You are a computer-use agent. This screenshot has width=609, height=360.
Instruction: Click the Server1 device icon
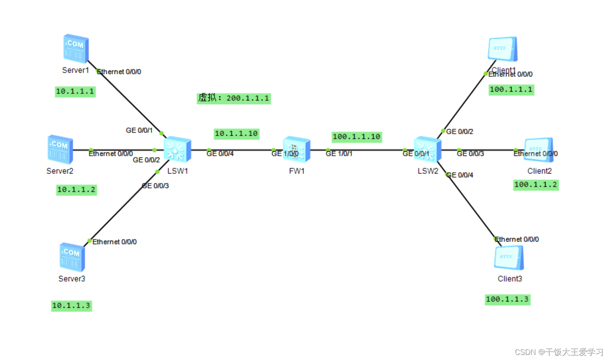(76, 49)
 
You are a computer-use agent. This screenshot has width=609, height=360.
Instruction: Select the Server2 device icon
(60, 149)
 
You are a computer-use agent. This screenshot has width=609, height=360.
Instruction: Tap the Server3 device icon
(72, 257)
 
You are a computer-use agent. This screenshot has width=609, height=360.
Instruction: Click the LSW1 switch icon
(177, 150)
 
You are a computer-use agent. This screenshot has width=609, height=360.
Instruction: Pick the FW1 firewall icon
(296, 150)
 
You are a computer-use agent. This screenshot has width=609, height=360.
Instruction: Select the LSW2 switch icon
(427, 150)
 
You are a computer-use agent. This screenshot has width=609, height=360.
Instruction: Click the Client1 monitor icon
(503, 49)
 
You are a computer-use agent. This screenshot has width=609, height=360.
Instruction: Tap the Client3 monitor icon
(509, 258)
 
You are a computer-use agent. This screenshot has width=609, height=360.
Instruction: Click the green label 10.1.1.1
(75, 92)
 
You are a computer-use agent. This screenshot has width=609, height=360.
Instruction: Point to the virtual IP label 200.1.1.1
(234, 98)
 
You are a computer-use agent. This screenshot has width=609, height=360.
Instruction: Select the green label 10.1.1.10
(236, 134)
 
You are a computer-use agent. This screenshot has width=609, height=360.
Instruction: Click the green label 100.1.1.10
(356, 137)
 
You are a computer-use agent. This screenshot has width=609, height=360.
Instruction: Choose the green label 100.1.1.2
(536, 185)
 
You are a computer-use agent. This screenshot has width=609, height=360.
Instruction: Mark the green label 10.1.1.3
(71, 306)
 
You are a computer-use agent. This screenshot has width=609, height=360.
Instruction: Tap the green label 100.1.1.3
(507, 300)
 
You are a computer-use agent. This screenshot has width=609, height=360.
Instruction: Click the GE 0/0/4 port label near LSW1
(220, 154)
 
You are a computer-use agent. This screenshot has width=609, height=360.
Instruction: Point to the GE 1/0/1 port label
(339, 154)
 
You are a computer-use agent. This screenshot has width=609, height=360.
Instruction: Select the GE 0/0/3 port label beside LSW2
(470, 154)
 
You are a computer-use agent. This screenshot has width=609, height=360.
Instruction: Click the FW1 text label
(297, 171)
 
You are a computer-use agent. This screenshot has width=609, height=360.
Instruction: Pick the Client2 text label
(539, 171)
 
